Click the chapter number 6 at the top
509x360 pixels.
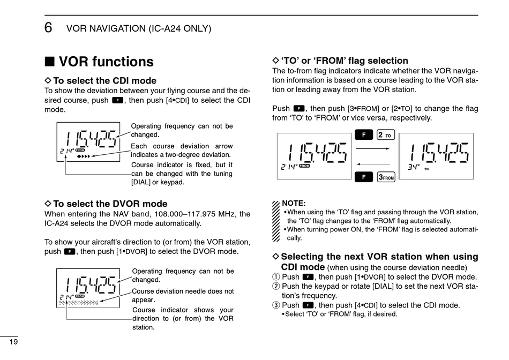(49, 28)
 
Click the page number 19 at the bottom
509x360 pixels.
(14, 342)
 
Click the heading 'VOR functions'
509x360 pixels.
(106, 62)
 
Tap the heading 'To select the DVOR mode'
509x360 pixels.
(110, 204)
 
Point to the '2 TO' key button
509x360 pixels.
(386, 134)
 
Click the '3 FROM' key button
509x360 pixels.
(386, 176)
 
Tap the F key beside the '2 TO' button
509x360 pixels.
(364, 134)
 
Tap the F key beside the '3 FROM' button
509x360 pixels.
(364, 176)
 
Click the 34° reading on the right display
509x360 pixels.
(413, 167)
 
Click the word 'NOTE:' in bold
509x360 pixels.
(294, 204)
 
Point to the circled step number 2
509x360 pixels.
(276, 287)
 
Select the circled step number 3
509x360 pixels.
(276, 305)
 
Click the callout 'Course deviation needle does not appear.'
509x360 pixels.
(183, 295)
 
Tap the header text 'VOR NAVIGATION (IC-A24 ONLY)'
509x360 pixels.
(138, 28)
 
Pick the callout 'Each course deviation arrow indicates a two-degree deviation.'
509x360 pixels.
(182, 151)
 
